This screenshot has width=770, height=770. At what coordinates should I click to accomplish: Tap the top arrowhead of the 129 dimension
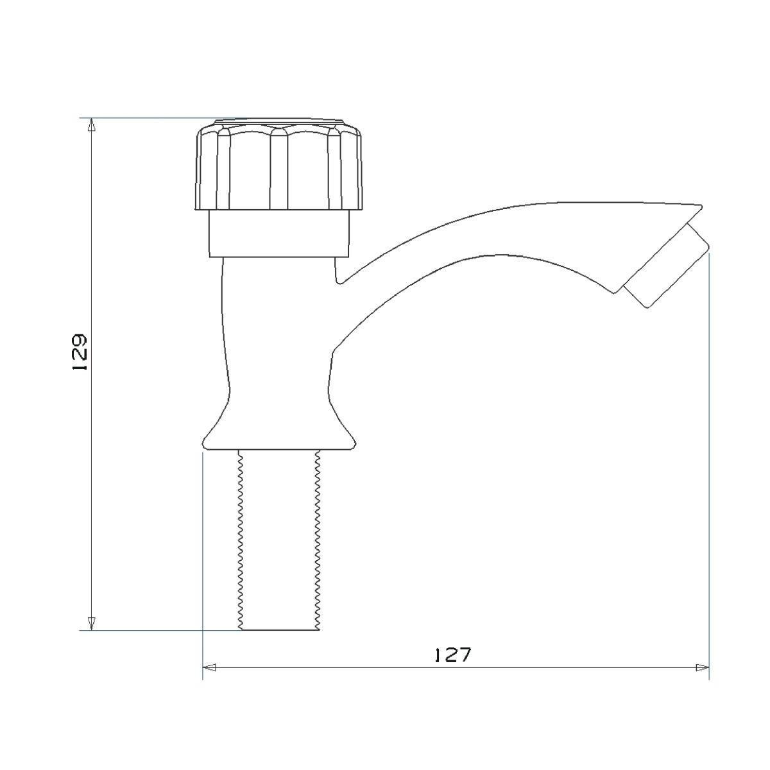click(x=92, y=124)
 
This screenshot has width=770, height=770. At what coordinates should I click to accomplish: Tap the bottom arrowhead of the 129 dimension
click(x=92, y=623)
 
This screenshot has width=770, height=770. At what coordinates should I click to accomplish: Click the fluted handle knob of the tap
click(x=279, y=167)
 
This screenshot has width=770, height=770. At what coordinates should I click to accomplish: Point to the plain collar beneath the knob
click(x=279, y=234)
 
